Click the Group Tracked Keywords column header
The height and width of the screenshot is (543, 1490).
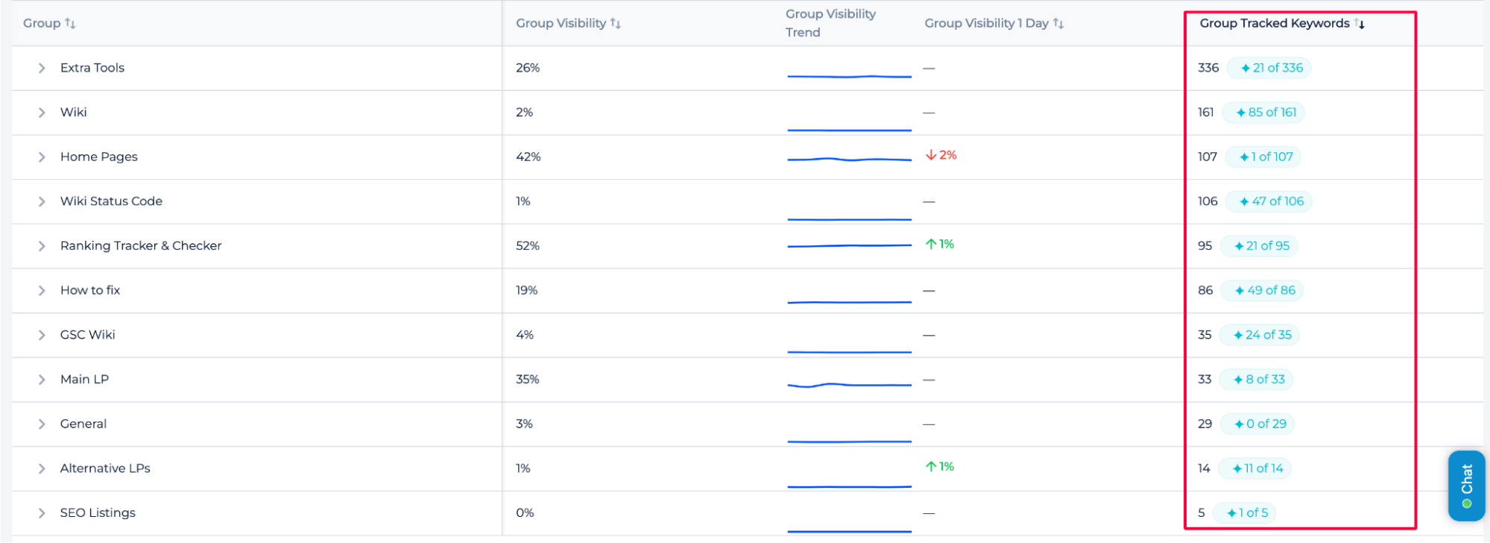tap(1274, 23)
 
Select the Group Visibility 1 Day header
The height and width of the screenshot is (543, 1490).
tap(986, 23)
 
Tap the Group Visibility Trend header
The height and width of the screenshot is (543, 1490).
tap(830, 23)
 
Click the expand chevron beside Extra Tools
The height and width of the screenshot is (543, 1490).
tap(42, 68)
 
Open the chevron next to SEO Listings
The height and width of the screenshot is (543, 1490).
tap(42, 513)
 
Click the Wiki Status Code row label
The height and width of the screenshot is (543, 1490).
tap(111, 201)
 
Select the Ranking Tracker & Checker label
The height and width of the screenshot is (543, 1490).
tap(141, 245)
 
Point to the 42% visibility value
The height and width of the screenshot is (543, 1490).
tap(528, 157)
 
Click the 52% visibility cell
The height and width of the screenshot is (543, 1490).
tap(527, 245)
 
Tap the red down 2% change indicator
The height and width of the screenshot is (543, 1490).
tap(941, 155)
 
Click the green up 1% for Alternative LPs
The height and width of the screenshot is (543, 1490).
tap(940, 467)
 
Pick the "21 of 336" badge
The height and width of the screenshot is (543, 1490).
tap(1270, 68)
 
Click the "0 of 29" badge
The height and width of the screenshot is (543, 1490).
tap(1259, 424)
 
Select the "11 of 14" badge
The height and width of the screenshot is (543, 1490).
tap(1256, 468)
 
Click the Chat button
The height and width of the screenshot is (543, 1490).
tap(1465, 485)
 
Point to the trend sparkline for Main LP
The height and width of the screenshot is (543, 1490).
tap(849, 385)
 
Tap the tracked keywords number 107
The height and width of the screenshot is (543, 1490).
tap(1207, 157)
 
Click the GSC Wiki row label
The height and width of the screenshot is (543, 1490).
tap(87, 335)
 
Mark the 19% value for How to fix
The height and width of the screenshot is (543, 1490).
tap(526, 290)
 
